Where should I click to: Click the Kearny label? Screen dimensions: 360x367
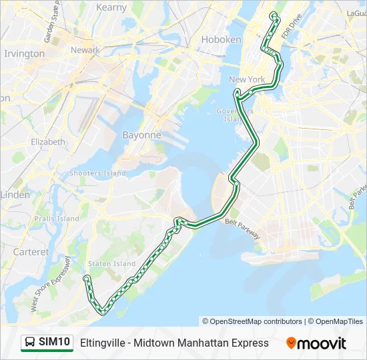(111, 7)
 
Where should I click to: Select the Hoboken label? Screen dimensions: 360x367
(221, 39)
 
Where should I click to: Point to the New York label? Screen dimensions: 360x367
(247, 79)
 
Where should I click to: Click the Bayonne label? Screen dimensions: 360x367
(141, 135)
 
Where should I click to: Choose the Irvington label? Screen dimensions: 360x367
(24, 53)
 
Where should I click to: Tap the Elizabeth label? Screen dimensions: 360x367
(48, 142)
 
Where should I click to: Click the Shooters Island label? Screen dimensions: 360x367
(97, 173)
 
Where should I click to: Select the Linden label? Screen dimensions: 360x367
(15, 195)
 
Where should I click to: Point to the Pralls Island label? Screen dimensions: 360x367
(59, 219)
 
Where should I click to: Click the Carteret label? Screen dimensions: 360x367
(31, 252)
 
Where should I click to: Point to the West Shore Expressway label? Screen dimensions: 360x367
(50, 284)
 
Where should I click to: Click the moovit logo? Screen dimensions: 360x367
(316, 343)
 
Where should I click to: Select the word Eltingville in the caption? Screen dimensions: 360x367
(103, 343)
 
